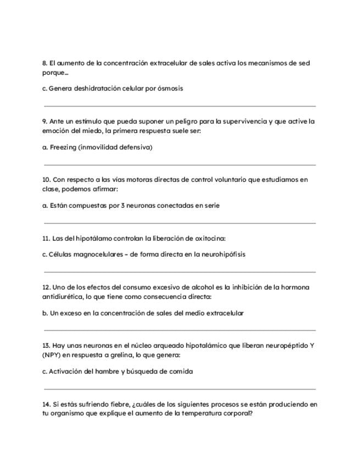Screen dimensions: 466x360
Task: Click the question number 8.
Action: point(45,63)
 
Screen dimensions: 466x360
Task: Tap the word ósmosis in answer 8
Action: point(171,88)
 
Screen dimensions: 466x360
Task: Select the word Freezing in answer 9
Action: point(63,147)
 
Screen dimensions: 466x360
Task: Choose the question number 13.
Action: point(46,346)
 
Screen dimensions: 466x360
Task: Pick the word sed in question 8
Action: point(304,63)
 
